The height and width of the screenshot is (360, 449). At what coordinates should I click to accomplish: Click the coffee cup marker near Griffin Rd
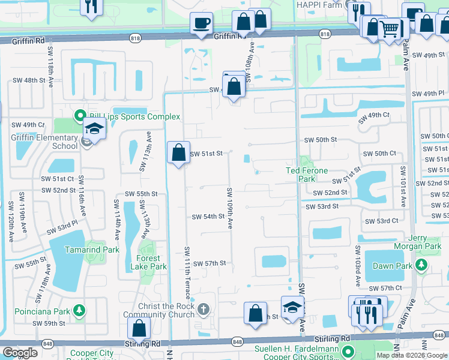pos(201,23)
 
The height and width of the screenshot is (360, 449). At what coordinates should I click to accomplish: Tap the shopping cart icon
pos(390,28)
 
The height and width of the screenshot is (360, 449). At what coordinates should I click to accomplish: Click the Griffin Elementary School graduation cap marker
pos(94,128)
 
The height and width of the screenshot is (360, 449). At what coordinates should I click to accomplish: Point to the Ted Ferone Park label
pos(306,175)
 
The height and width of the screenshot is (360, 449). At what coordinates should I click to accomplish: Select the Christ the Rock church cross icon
pos(203,309)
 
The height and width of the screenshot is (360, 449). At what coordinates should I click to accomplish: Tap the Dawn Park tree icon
pos(423,265)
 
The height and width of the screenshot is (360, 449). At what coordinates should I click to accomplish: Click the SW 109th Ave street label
pos(229,208)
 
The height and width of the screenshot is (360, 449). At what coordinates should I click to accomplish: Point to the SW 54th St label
pos(208,216)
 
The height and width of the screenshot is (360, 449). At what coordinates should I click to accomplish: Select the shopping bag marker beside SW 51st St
pos(178,152)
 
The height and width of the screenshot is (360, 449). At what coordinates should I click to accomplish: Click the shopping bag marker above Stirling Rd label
pos(139,328)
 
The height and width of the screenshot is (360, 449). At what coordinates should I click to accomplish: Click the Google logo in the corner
pos(20,352)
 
